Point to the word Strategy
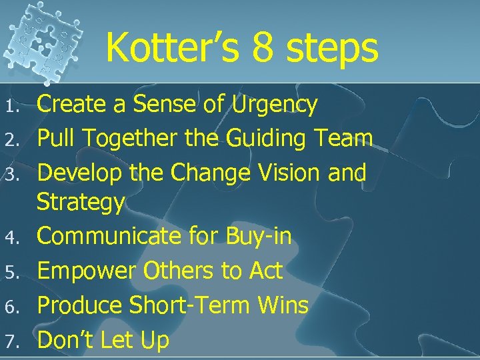click(81, 203)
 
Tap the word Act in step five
click(265, 271)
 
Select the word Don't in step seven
click(66, 340)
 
